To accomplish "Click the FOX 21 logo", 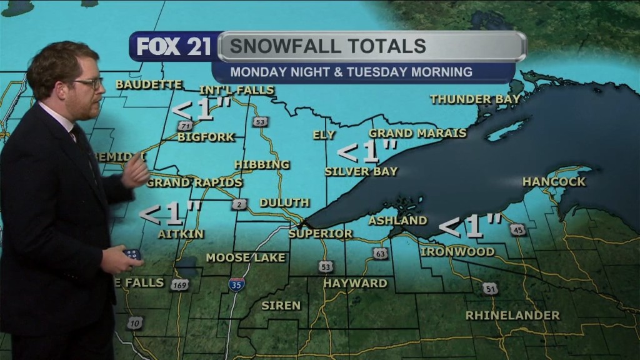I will point(174,47).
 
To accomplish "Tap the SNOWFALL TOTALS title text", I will point(327,46).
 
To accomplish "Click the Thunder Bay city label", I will point(469,99).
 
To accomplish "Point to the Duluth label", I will point(284,202).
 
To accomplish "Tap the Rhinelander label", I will point(512,316).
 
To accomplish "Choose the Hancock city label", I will point(554,182).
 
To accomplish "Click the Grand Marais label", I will point(417,133).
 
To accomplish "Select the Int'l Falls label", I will point(237,90).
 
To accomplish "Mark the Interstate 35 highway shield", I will point(237,284).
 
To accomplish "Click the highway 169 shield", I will point(180,285).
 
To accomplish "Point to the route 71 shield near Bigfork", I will point(184,126).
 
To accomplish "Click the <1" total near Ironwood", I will point(471,226).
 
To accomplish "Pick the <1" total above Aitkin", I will point(170,214).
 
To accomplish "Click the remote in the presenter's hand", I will point(131,254).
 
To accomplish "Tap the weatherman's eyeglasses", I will point(89,82).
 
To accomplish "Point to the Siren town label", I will point(281,306).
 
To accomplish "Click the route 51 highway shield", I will point(490,289).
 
